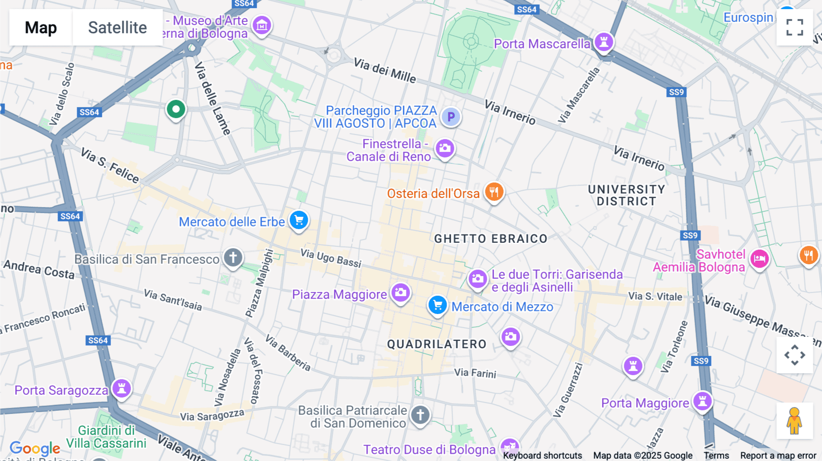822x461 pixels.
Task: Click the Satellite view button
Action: tap(117, 27)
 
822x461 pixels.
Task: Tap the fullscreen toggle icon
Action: tap(795, 27)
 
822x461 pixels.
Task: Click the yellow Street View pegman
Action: tap(794, 421)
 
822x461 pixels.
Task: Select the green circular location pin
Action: tap(176, 110)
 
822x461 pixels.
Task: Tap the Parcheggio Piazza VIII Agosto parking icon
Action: tap(451, 117)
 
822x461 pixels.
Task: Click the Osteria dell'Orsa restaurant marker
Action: tap(494, 192)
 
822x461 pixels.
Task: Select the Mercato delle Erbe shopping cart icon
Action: tap(299, 221)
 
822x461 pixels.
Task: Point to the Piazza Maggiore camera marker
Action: tap(400, 293)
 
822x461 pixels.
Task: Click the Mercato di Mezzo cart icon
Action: tap(437, 305)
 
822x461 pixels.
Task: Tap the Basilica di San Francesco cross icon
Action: tap(233, 257)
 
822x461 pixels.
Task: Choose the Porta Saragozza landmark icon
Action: tap(122, 388)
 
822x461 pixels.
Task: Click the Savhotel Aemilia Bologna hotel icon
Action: tap(759, 259)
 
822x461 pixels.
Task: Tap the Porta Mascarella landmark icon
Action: tap(604, 42)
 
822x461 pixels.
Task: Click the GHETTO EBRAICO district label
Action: tap(490, 239)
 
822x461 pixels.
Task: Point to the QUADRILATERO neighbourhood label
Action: tap(437, 344)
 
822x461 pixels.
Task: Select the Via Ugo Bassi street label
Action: tap(331, 258)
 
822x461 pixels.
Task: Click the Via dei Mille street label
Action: tap(385, 71)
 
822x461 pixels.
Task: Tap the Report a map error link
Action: tap(778, 456)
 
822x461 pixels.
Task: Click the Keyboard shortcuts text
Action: tap(542, 456)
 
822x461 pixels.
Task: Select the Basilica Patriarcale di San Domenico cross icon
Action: tap(420, 415)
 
